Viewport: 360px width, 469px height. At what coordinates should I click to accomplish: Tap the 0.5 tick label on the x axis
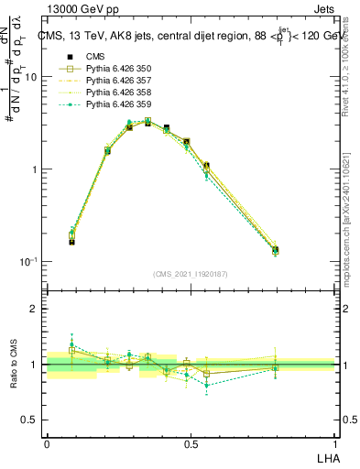(191, 443)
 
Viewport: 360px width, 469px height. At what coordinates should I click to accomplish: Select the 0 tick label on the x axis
(47, 443)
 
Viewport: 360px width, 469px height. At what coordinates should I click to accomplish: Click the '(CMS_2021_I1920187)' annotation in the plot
(191, 273)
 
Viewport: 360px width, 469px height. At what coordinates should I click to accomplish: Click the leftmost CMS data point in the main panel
(71, 241)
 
